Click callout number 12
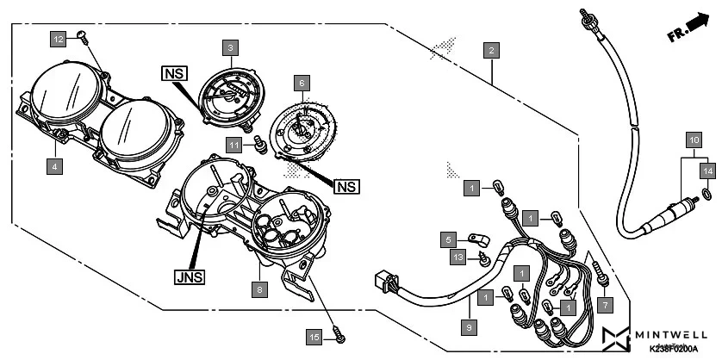(x=57, y=40)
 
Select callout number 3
(x=230, y=48)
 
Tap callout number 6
(x=302, y=84)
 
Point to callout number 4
(x=54, y=165)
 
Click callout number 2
(x=490, y=49)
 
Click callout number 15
(x=316, y=337)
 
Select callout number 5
(x=449, y=239)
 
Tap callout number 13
(x=457, y=256)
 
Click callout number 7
(x=604, y=304)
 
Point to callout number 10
(x=694, y=138)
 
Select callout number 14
(x=707, y=171)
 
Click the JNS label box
(x=190, y=278)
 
